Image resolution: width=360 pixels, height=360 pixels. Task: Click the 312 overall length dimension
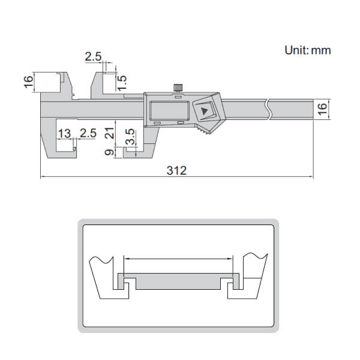click(177, 170)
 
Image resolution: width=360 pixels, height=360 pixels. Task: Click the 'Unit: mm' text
click(307, 50)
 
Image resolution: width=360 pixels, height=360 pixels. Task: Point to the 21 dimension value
click(109, 133)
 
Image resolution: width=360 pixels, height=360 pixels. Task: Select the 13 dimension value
click(64, 133)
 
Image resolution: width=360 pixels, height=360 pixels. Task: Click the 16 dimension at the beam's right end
click(322, 109)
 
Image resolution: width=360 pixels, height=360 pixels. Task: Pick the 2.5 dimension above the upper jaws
click(93, 58)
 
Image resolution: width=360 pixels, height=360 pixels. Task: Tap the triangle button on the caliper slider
click(206, 111)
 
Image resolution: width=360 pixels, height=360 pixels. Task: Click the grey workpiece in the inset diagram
click(180, 280)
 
